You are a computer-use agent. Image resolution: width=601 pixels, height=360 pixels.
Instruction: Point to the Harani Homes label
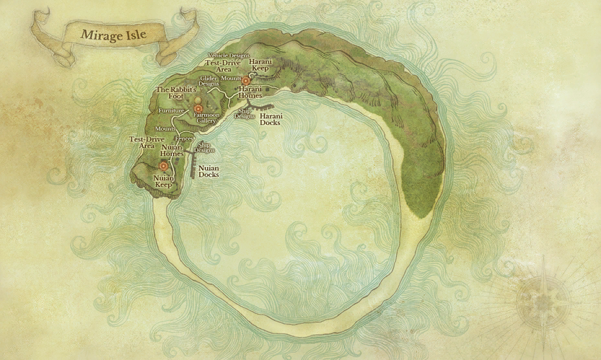click(250, 92)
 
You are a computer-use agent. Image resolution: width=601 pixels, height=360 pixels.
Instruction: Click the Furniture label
click(171, 111)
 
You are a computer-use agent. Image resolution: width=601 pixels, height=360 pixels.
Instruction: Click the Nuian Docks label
click(209, 172)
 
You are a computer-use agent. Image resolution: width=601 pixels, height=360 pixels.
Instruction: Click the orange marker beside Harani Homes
click(245, 81)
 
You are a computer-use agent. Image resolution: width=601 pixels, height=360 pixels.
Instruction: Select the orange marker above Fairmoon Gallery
click(198, 108)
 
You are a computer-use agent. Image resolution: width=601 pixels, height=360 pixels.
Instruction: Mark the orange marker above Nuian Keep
click(163, 166)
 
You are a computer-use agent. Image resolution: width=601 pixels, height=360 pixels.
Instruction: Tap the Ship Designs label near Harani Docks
click(245, 115)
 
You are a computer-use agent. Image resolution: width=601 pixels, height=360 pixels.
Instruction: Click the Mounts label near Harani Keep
click(231, 78)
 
